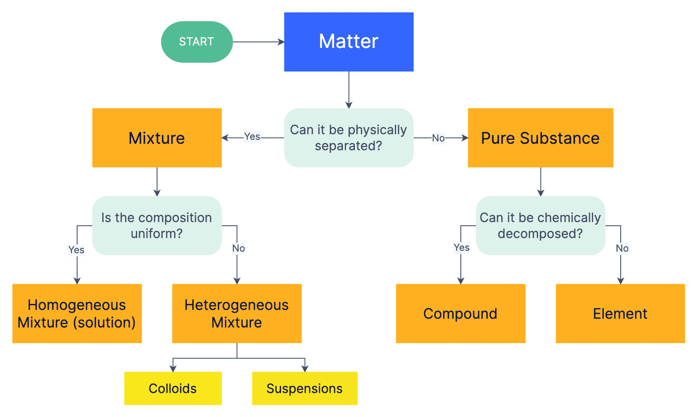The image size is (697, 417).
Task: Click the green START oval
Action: point(197,42)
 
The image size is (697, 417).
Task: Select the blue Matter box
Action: point(348,42)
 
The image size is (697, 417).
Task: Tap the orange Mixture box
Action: point(157,138)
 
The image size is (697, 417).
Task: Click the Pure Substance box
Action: point(540,138)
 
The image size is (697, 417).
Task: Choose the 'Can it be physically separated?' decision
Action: point(348,138)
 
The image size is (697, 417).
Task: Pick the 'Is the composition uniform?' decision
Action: point(157,226)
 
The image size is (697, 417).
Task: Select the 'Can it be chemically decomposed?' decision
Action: point(540,226)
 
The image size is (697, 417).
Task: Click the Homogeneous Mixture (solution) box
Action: point(77,313)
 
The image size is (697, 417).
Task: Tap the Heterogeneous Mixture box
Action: point(237,313)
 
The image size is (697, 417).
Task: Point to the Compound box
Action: point(460,313)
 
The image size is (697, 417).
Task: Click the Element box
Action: point(620,313)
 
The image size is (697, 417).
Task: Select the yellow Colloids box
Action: point(172,388)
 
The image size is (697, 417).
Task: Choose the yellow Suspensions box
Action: point(304,388)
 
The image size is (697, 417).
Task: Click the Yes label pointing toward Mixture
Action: point(252,137)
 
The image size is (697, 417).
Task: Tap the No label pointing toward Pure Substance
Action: point(438,138)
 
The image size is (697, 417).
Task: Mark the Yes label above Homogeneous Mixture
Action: point(76,250)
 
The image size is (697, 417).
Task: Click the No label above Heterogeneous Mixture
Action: point(238,248)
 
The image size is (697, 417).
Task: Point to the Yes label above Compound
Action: point(461,248)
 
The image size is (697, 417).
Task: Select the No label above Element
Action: point(622,248)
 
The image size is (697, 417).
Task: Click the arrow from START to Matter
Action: point(258,42)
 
